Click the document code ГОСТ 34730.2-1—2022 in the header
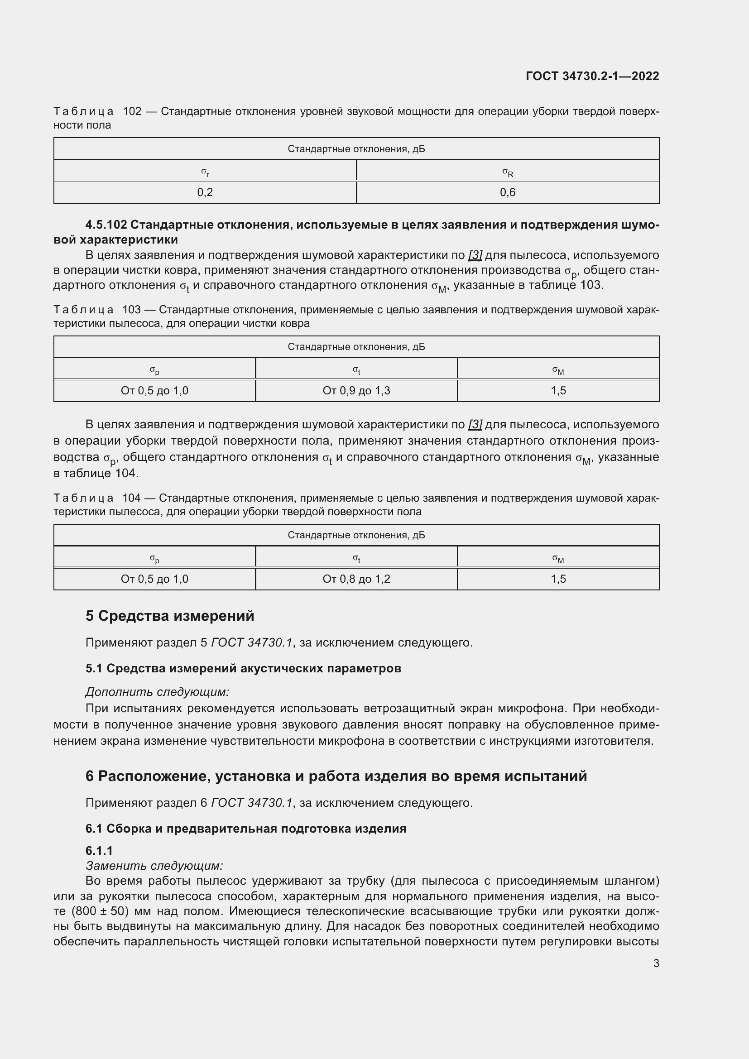(x=592, y=76)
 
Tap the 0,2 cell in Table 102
(x=205, y=192)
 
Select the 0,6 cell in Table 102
(x=507, y=192)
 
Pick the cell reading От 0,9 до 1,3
(x=356, y=391)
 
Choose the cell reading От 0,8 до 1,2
(x=356, y=579)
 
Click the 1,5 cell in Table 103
(x=558, y=391)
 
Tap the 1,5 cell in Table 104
(x=558, y=579)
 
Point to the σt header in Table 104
(x=356, y=558)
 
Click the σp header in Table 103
(x=154, y=370)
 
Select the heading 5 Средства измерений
(x=170, y=616)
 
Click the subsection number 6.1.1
(x=99, y=851)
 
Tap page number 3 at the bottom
(x=656, y=963)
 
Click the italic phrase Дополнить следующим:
(x=157, y=692)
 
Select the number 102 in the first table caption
(x=132, y=112)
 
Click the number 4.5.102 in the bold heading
(x=106, y=225)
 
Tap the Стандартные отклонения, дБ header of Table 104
(x=356, y=535)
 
